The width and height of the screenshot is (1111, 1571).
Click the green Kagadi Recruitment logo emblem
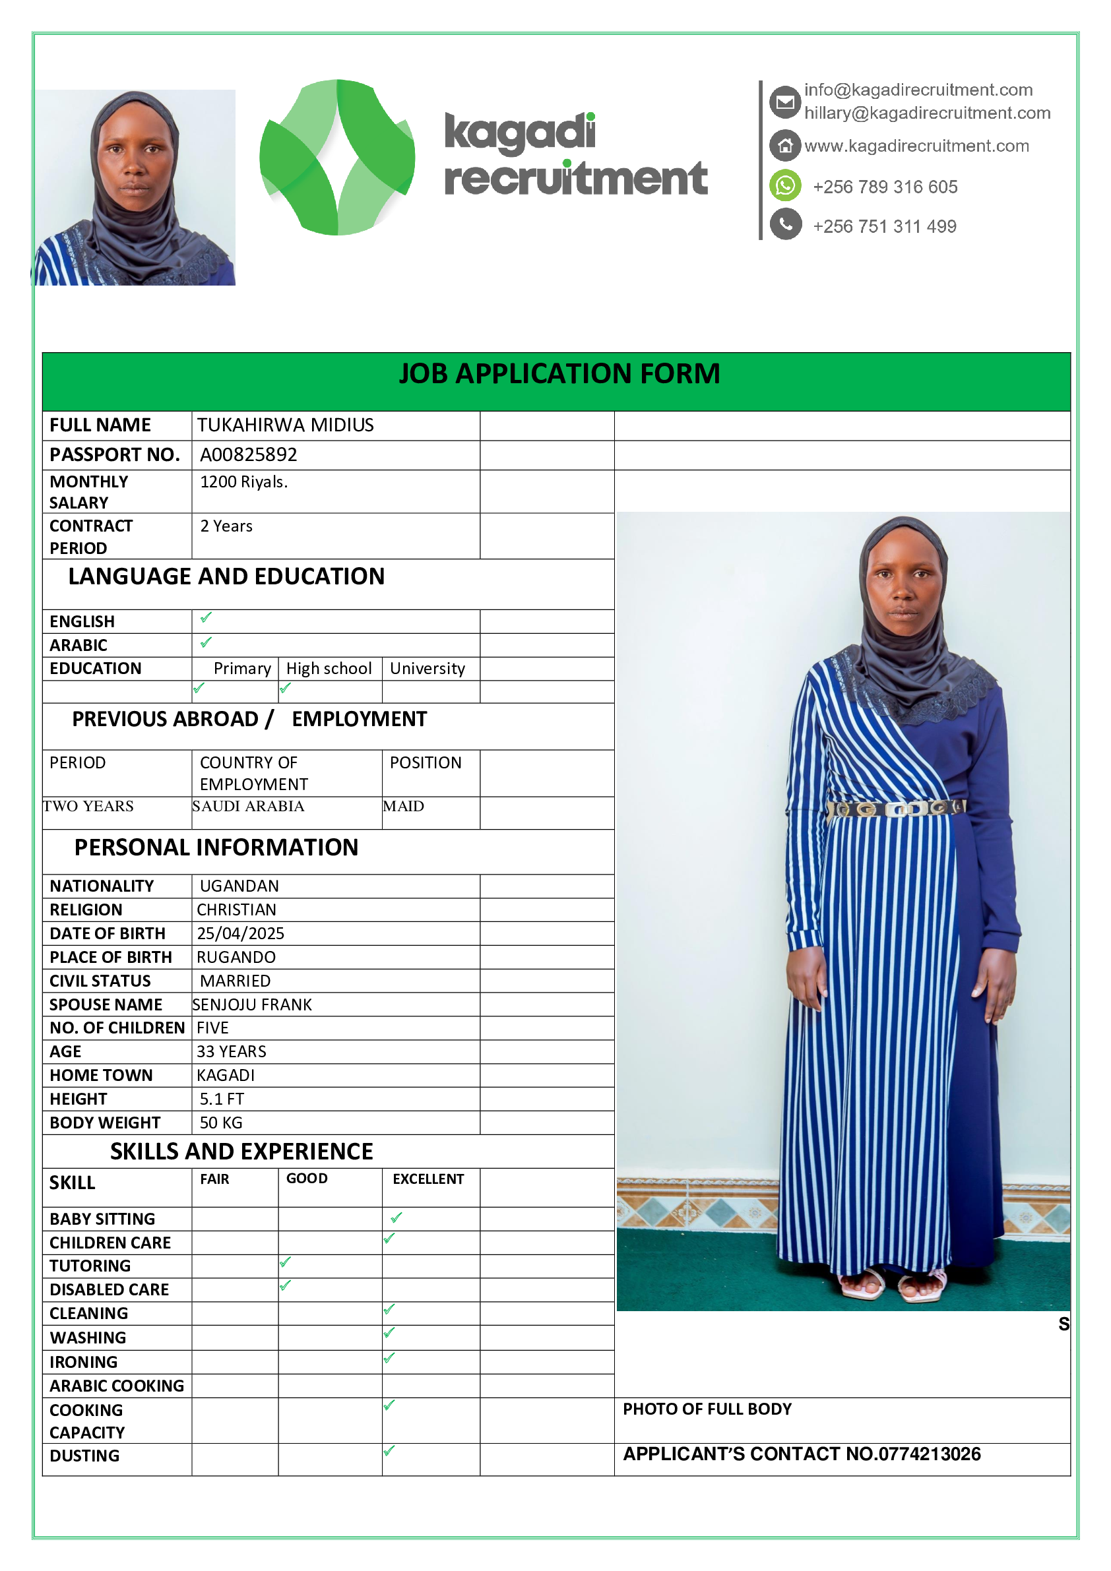pyautogui.click(x=336, y=158)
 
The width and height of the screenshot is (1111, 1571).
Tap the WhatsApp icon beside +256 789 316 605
pyautogui.click(x=785, y=185)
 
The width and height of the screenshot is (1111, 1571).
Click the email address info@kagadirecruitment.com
pyautogui.click(x=918, y=90)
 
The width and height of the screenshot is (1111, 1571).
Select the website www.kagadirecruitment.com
pyautogui.click(x=916, y=146)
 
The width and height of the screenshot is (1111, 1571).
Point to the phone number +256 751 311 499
pyautogui.click(x=885, y=226)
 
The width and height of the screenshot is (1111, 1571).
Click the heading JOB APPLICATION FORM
pyautogui.click(x=559, y=373)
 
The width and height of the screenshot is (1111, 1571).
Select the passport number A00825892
pyautogui.click(x=249, y=454)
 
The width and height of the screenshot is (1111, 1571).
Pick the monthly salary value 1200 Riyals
pyautogui.click(x=243, y=481)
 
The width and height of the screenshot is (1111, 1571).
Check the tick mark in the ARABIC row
pyautogui.click(x=206, y=642)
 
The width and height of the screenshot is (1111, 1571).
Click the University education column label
pyautogui.click(x=427, y=669)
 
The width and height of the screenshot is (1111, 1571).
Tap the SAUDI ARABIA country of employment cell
pyautogui.click(x=249, y=806)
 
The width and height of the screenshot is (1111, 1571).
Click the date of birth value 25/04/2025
pyautogui.click(x=240, y=933)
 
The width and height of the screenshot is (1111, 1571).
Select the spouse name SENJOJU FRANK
pyautogui.click(x=252, y=1004)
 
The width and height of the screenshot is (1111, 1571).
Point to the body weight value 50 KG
pyautogui.click(x=220, y=1123)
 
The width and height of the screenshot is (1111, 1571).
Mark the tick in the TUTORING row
pyautogui.click(x=286, y=1262)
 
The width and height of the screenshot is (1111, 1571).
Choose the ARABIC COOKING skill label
pyautogui.click(x=116, y=1386)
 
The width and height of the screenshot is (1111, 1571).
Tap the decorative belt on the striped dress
pyautogui.click(x=897, y=809)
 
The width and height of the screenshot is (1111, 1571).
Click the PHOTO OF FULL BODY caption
pyautogui.click(x=707, y=1409)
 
